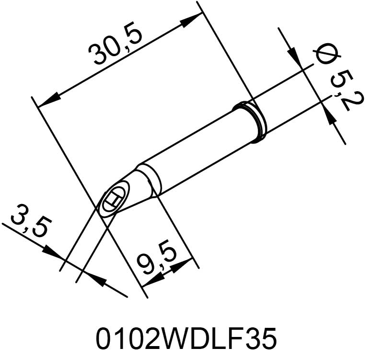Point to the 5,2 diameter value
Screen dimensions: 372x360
click(346, 91)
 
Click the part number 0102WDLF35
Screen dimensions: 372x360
click(186, 338)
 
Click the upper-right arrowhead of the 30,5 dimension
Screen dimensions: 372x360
click(191, 20)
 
